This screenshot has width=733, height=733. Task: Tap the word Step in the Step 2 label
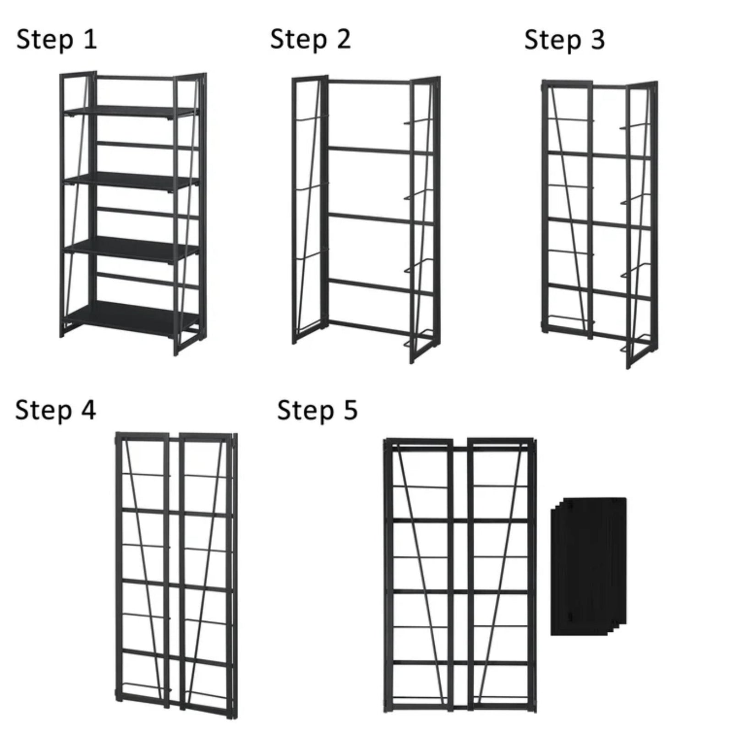(x=298, y=39)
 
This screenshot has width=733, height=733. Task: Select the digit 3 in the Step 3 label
(x=597, y=39)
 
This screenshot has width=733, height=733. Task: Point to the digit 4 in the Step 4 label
(x=88, y=409)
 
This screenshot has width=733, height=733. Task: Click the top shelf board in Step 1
(x=131, y=111)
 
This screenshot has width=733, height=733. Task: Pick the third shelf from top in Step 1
(x=131, y=250)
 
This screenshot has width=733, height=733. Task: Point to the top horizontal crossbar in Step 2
(x=369, y=82)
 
